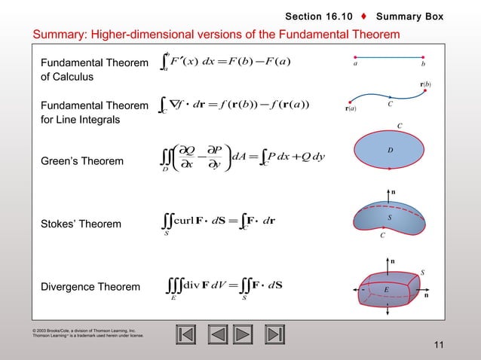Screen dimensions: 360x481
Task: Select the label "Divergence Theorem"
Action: click(90, 287)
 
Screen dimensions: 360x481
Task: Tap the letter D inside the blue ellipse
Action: click(391, 150)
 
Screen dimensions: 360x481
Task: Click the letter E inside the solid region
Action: click(385, 288)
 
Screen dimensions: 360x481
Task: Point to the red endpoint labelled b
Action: click(423, 56)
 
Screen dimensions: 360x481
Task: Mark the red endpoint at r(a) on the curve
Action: click(351, 102)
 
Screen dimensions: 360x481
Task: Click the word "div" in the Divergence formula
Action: click(194, 287)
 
